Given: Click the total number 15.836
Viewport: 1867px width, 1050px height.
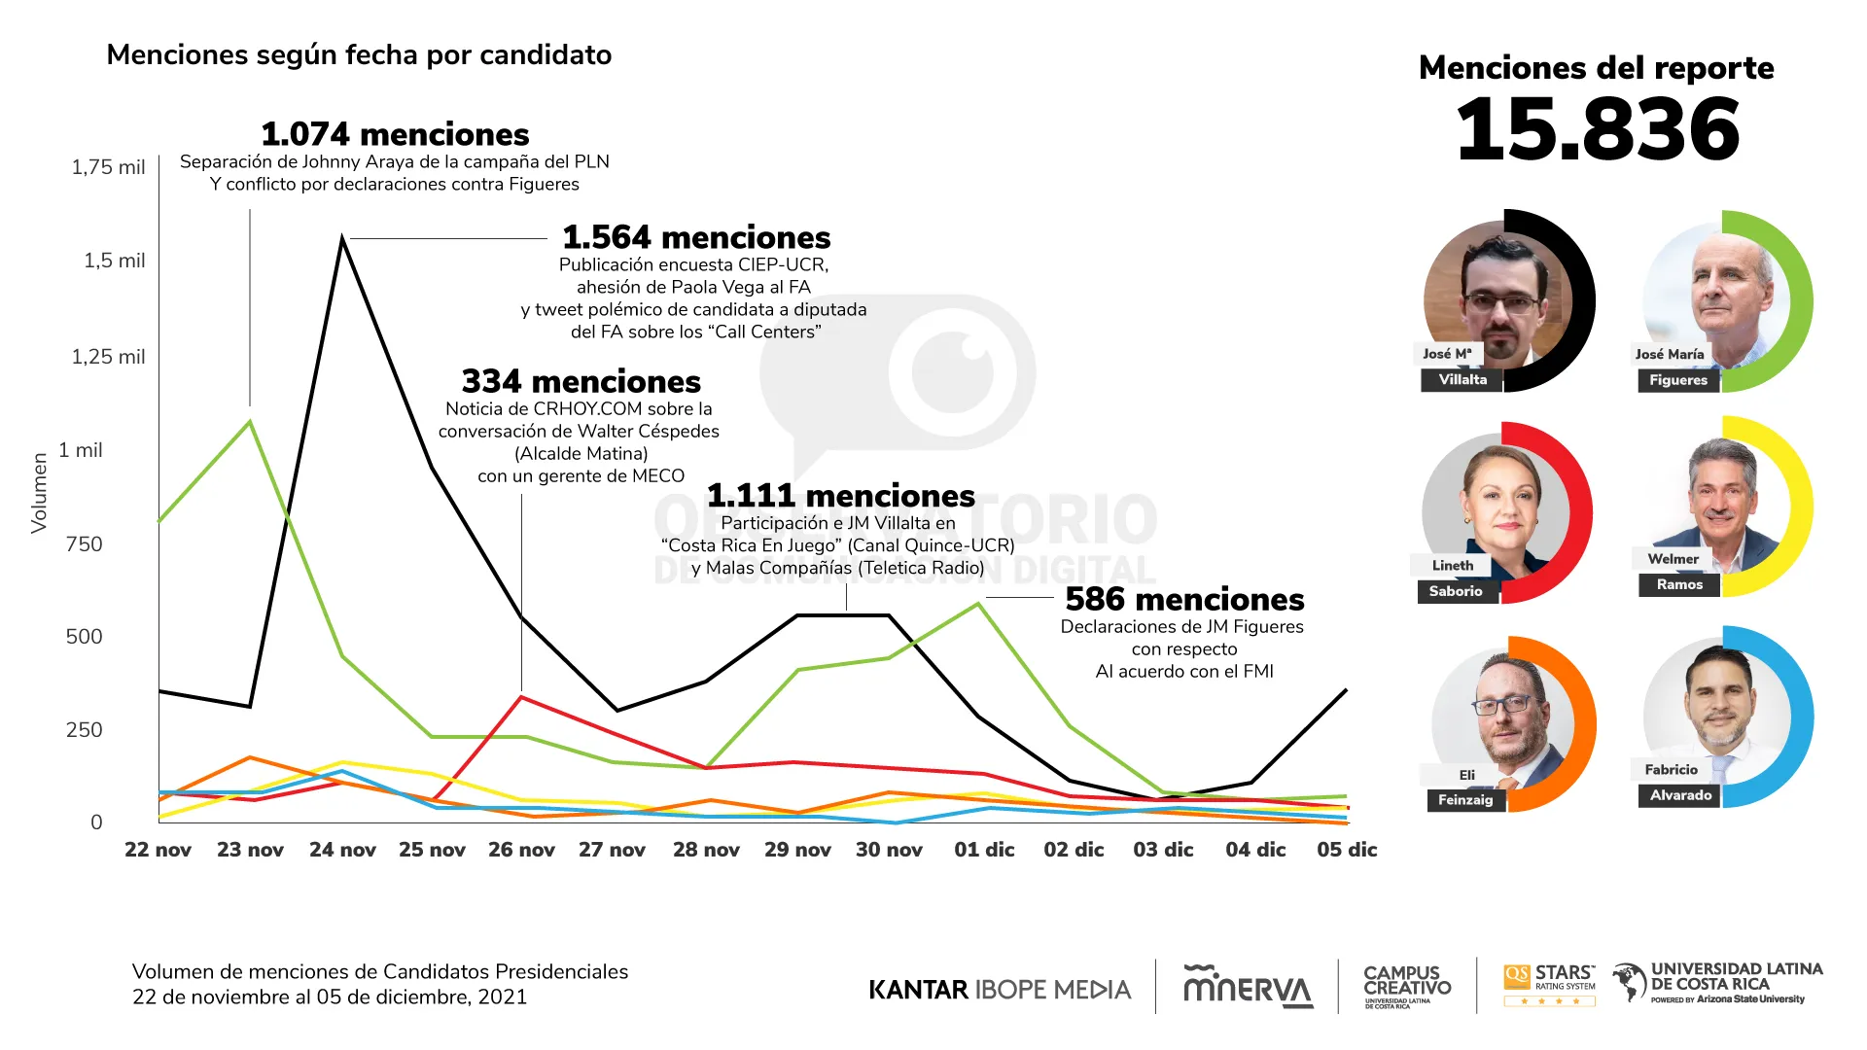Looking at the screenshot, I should [1598, 130].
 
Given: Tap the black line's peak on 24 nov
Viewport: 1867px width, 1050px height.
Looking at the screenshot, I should [342, 236].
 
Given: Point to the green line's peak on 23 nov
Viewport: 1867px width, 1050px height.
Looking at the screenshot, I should [250, 421].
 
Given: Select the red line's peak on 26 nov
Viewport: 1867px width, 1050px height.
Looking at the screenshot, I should [522, 697].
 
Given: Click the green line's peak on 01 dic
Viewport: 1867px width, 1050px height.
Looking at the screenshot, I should [978, 604].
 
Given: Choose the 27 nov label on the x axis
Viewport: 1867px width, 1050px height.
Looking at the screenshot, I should [612, 850].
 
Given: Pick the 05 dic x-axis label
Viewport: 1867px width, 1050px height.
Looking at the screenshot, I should [1347, 850].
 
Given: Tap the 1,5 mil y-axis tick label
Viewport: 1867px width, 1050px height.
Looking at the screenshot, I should [114, 261].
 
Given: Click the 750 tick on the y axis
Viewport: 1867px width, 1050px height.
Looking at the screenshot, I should [84, 544].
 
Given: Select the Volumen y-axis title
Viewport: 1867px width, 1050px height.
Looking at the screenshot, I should [39, 493].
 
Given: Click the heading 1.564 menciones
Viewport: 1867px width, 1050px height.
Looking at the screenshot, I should [696, 237].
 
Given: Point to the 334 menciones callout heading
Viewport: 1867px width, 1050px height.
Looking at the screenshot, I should [581, 381].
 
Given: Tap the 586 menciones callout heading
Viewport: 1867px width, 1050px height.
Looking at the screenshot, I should [1184, 599].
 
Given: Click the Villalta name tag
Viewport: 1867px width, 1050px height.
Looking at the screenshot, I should [1462, 380].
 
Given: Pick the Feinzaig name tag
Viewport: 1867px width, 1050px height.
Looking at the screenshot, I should [1464, 800].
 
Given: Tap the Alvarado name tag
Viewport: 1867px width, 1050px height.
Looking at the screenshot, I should [1680, 795].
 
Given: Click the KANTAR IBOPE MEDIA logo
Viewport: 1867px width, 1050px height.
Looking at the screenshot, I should [1000, 990].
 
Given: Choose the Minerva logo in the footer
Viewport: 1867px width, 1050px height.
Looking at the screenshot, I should [1248, 987].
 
